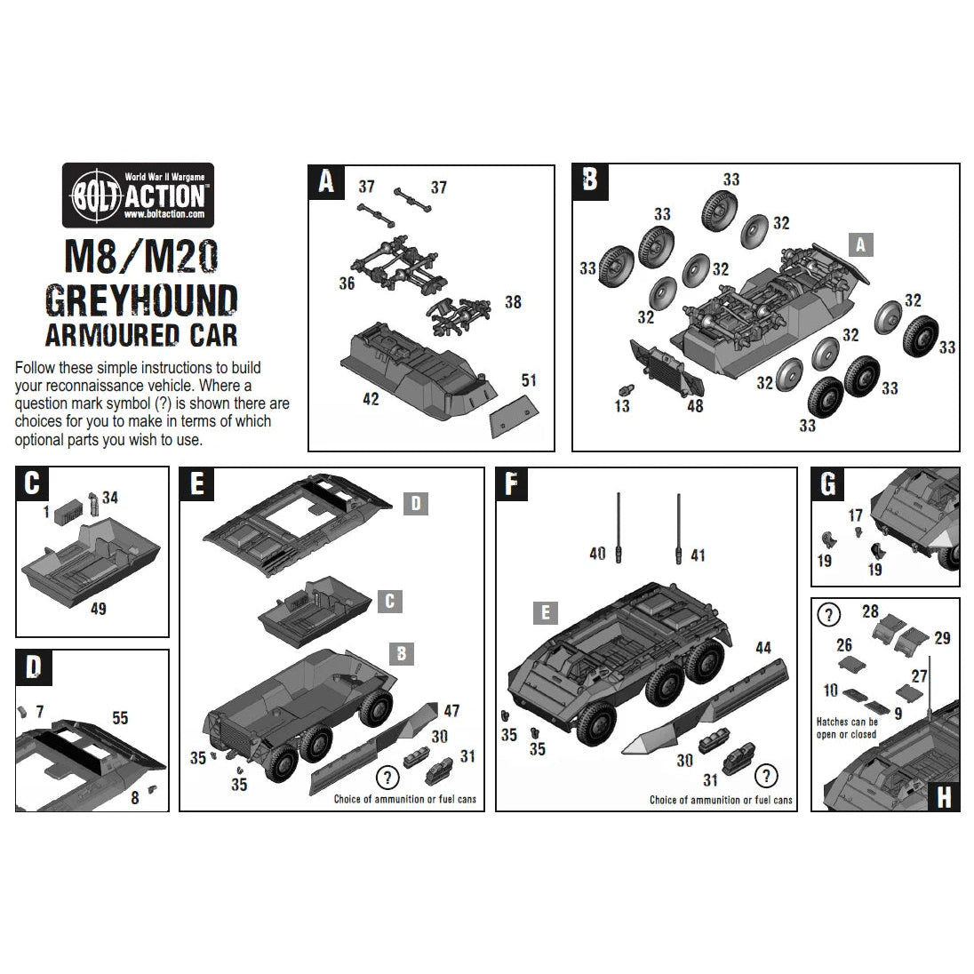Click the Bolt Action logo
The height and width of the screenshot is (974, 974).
137,195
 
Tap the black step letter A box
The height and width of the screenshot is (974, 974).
326,181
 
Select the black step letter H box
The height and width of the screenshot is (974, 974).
943,796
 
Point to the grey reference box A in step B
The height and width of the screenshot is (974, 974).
860,244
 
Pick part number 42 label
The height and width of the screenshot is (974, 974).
371,399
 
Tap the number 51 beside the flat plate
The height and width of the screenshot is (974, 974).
529,381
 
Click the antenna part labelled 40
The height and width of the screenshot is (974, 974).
619,525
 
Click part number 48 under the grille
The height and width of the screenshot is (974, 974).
695,405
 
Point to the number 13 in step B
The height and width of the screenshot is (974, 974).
622,406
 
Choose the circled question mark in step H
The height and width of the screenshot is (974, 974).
828,614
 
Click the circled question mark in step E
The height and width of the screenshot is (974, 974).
387,778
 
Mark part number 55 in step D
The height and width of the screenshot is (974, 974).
120,717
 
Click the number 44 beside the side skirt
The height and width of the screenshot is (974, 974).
762,649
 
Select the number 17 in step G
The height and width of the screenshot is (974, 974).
855,515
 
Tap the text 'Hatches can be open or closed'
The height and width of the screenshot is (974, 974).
847,728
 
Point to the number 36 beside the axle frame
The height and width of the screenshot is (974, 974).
347,283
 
